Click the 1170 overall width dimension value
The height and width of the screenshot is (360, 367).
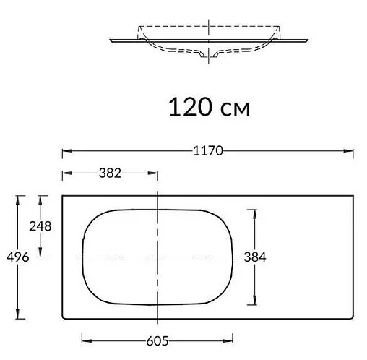pos(207,151)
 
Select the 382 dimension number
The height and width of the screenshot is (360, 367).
pos(109,173)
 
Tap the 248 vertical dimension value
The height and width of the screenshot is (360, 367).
pos(40,226)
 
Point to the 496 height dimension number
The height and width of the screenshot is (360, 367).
pos(17,257)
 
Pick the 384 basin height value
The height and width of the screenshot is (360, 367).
pos(255,257)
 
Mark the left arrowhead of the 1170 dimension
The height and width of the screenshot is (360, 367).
pos(64,151)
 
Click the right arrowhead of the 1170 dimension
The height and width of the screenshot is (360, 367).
pos(351,151)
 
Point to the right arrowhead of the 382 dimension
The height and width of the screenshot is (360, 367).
pos(155,173)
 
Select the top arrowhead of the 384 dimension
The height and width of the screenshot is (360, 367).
pos(254,211)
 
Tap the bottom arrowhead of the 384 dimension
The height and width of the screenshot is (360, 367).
pos(254,304)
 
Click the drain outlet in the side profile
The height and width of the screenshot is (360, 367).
pos(210,54)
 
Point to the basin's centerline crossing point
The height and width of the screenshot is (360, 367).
pos(157,257)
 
